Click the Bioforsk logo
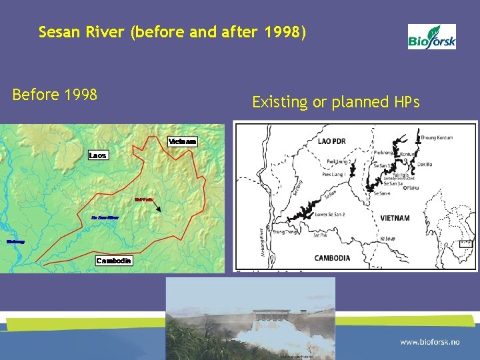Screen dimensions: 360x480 tap(432, 37)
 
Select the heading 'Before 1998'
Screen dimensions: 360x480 tap(55, 95)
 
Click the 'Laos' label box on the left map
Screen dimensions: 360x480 tap(97, 155)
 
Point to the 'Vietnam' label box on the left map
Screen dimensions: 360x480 tap(182, 142)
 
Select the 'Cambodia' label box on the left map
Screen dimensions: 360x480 tap(113, 260)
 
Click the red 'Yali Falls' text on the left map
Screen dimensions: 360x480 tap(144, 199)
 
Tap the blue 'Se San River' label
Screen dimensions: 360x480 tap(105, 217)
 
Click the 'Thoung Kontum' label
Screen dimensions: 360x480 tap(437, 138)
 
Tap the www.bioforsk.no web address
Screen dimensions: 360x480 tap(430, 341)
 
